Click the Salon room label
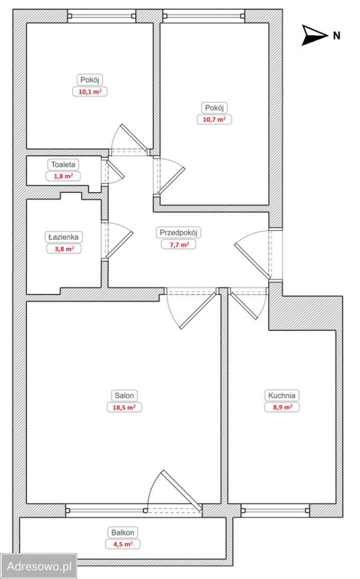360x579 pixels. click(124, 396)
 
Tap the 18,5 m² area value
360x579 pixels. click(124, 407)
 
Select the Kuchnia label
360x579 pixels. click(282, 396)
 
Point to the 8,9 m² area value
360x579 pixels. click(282, 407)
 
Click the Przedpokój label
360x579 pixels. click(178, 233)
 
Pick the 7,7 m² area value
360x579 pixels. click(178, 244)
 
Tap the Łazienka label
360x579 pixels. click(63, 236)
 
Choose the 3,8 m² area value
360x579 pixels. click(64, 249)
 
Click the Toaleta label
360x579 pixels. click(63, 165)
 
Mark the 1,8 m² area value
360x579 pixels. click(63, 176)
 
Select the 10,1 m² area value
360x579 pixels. click(90, 92)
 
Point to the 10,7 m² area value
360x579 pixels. click(214, 119)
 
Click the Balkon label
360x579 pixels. click(122, 533)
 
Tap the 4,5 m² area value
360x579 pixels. click(122, 544)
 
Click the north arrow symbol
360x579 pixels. click(314, 36)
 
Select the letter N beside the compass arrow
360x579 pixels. click(336, 36)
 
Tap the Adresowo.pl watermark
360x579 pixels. click(39, 566)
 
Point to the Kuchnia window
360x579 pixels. click(276, 510)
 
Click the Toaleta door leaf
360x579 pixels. click(116, 169)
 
